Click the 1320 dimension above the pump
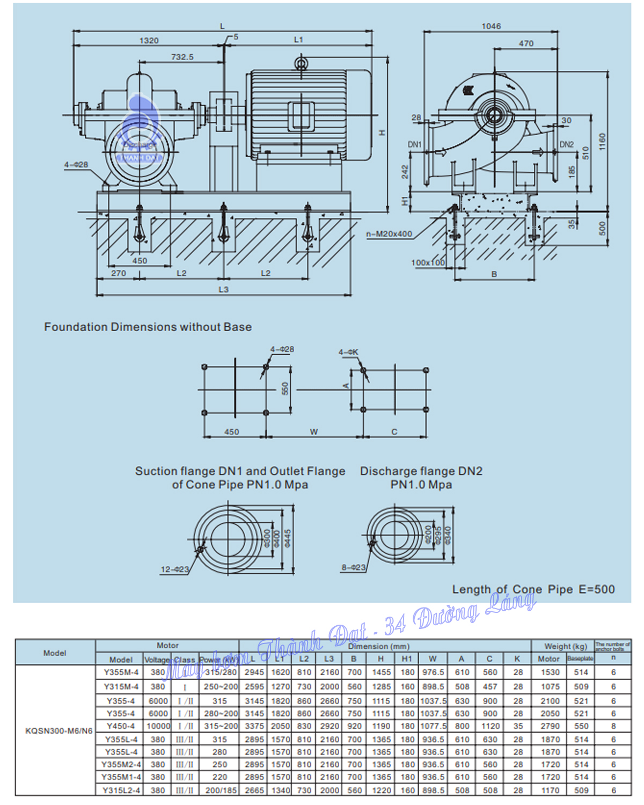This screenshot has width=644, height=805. point(149,41)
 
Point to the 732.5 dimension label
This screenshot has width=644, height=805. point(182,57)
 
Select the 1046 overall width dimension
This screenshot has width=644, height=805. point(491,26)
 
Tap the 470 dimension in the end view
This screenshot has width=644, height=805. point(526,43)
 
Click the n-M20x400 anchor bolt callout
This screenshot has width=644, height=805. point(389,234)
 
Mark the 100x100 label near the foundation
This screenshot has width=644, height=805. point(428,262)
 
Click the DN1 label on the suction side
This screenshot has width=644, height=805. point(415,144)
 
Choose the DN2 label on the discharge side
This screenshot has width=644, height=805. point(567,144)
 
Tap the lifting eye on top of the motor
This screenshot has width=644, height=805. point(301,63)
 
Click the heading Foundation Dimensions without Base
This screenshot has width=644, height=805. point(148,327)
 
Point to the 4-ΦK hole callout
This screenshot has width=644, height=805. point(348,352)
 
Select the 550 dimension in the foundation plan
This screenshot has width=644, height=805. point(285,389)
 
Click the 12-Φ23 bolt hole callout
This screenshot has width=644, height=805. point(174,569)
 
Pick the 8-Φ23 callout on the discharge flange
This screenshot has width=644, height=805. point(353,567)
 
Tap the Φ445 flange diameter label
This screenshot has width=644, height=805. point(288,538)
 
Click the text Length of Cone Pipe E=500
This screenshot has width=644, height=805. point(533,589)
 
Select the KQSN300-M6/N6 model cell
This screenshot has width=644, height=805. point(58,730)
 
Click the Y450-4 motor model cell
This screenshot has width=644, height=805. point(121,726)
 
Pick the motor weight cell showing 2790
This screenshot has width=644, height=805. point(550,726)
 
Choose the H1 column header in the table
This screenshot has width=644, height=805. point(407,658)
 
